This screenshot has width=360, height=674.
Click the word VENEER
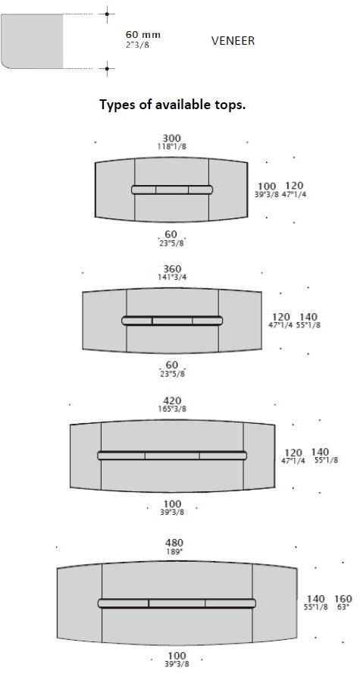pos(233,41)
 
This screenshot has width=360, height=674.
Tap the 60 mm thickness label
pos(143,34)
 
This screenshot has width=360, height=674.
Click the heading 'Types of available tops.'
pos(173,105)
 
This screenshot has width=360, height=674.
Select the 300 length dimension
pos(172,139)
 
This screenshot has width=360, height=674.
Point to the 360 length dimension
pos(172,269)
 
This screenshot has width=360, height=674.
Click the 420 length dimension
pos(172,400)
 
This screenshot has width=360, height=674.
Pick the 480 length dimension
pos(174,543)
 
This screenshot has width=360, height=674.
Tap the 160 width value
pos(343,599)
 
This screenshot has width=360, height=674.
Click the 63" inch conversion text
pos(343,607)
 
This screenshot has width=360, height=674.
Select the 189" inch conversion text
pos(174,551)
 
